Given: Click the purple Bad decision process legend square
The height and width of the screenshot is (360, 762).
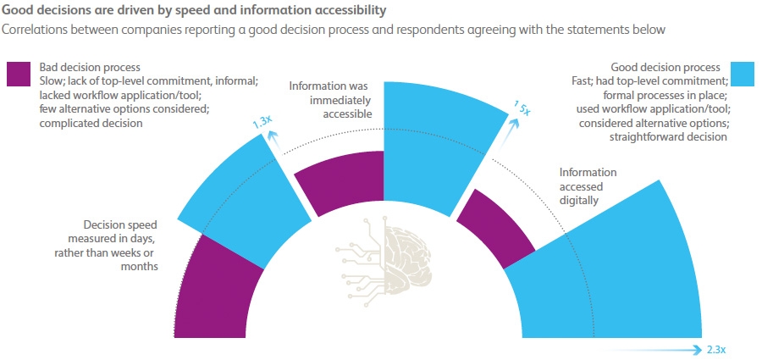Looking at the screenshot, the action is tap(19, 74).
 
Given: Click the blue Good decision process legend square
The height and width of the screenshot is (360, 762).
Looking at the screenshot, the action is tap(742, 75).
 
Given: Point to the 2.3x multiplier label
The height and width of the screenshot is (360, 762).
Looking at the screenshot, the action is tap(715, 349).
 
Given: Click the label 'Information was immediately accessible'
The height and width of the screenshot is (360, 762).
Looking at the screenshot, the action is tap(330, 100).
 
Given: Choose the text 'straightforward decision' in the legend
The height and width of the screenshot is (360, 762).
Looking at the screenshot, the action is tap(668, 136).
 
